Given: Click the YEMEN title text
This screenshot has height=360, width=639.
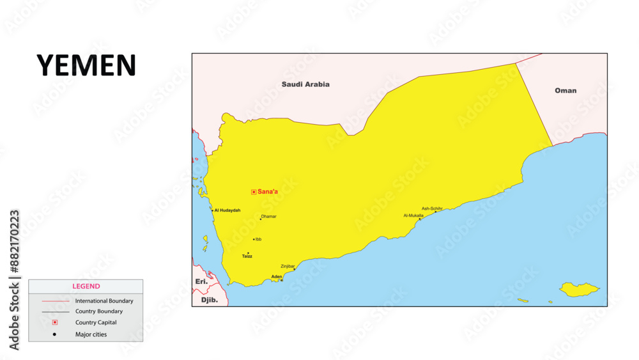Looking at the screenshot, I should [x=86, y=65].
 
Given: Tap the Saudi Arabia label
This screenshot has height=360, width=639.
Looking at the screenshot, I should [x=305, y=84].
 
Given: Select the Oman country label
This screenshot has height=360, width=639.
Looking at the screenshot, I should [x=566, y=91].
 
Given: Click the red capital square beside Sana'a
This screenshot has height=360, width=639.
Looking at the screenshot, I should [x=254, y=192].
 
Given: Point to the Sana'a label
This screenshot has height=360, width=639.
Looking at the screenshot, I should [x=268, y=192].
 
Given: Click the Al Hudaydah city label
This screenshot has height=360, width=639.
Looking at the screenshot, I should [x=227, y=210].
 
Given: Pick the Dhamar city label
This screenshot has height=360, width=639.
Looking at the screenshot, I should [x=269, y=217].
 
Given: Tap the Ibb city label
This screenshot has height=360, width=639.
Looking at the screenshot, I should [x=258, y=240].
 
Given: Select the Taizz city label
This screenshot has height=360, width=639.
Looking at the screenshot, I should [x=247, y=256].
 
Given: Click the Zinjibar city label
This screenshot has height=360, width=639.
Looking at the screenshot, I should [x=288, y=266].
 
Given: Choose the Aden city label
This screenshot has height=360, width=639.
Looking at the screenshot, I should [x=277, y=277].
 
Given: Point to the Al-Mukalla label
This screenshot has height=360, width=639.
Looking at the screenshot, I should [x=413, y=215].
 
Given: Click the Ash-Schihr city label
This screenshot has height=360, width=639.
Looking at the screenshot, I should [x=432, y=208].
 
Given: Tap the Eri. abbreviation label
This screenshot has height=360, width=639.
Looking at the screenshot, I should [x=201, y=281].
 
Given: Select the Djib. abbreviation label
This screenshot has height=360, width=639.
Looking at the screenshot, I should [x=210, y=299].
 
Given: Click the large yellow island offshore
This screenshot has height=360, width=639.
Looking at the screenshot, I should [x=579, y=290].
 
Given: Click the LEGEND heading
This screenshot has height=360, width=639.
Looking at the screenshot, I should [x=86, y=286].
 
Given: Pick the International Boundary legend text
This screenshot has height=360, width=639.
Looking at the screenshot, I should [x=104, y=301].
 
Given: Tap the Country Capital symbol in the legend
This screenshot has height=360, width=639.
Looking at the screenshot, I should [x=55, y=322].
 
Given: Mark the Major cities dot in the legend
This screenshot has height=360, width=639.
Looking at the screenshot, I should [x=55, y=334].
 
